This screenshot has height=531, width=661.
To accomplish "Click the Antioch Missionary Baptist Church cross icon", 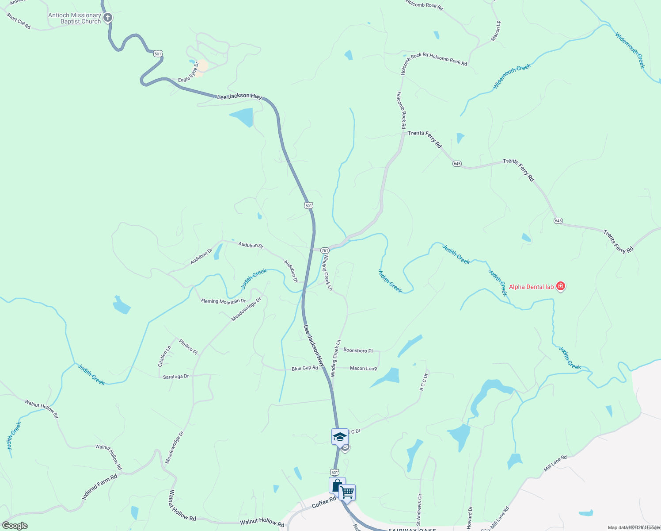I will point(108,18).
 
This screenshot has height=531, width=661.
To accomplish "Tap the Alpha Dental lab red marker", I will point(561,286).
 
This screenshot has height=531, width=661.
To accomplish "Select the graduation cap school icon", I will point(339,437).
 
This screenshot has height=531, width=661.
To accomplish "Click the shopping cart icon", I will point(347,492).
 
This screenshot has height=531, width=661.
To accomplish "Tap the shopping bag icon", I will point(337,485).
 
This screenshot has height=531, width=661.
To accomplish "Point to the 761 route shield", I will point(325,250).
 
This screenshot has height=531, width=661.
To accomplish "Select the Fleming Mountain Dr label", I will point(223,301).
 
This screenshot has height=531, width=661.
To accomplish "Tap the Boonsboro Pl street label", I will point(358,350).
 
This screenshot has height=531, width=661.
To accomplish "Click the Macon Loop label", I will point(363,368).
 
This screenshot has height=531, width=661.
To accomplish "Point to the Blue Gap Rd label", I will point(304,368).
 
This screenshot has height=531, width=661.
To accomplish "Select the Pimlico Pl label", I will point(188,346).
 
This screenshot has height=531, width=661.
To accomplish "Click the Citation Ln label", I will point(164,356).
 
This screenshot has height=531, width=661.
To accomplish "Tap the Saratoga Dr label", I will point(176,377).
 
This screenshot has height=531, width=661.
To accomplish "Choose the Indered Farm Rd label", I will point(99,487).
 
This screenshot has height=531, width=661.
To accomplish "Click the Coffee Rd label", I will point(324,503).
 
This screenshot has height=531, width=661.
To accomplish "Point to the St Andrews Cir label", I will point(419,509).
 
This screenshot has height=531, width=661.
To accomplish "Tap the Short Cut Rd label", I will point(19,21).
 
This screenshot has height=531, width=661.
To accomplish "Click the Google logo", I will point(15,526).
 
